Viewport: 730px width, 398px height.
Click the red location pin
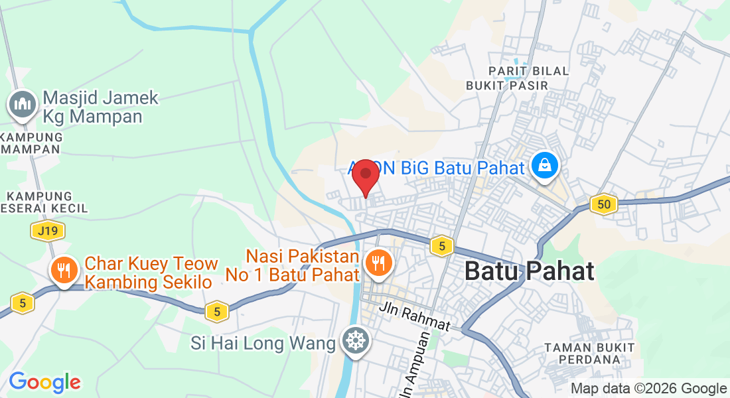tap(365, 176)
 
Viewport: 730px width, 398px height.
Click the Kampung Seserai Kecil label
tap(44, 202)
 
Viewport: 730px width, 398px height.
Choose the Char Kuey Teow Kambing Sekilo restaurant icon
tap(64, 269)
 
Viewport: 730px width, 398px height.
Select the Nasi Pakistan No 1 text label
tap(303, 265)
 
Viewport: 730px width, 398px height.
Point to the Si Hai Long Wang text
tap(263, 344)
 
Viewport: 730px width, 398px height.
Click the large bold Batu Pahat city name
tap(529, 271)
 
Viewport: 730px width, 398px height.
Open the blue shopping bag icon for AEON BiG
tap(544, 166)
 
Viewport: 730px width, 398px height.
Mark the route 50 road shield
tap(603, 204)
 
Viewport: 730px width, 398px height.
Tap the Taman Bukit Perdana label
tap(589, 353)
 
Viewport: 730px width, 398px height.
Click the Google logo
tap(44, 382)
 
